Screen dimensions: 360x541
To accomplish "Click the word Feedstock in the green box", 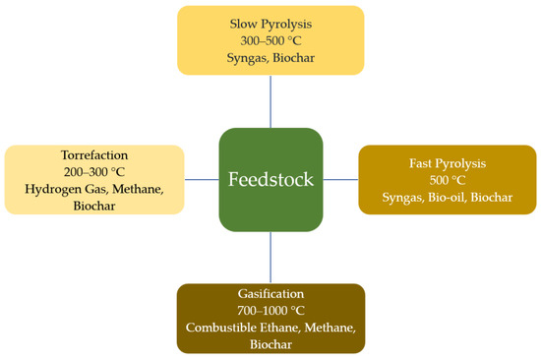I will [x=270, y=180].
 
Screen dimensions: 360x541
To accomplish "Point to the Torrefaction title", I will [x=93, y=154].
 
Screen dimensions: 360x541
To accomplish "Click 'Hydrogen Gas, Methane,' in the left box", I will [x=93, y=189].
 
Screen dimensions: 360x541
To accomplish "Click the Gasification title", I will [x=270, y=294].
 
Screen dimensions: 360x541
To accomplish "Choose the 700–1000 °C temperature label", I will [x=270, y=311].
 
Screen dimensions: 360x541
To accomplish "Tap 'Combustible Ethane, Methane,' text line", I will [x=270, y=329].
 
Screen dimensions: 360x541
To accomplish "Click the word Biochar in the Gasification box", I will [x=270, y=345].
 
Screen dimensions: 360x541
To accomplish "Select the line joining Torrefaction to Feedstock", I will [x=202, y=180].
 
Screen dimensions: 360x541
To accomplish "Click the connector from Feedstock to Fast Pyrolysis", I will [x=340, y=180].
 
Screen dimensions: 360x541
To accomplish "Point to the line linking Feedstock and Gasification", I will [x=270, y=258].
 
